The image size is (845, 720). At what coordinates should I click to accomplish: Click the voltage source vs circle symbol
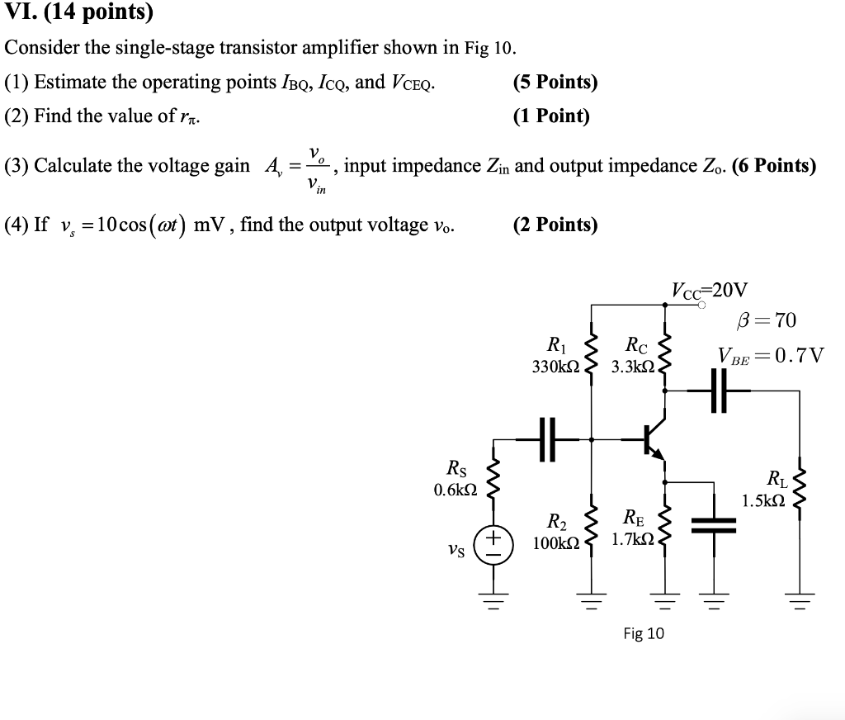pyautogui.click(x=493, y=546)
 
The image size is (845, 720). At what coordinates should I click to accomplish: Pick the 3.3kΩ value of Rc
pyautogui.click(x=631, y=364)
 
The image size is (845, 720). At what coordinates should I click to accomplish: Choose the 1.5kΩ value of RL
pyautogui.click(x=764, y=500)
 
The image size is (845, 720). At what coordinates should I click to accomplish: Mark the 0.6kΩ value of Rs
pyautogui.click(x=455, y=490)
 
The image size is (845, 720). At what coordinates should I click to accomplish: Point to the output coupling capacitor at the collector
pyautogui.click(x=717, y=391)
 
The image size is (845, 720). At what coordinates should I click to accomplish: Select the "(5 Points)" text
pyautogui.click(x=555, y=83)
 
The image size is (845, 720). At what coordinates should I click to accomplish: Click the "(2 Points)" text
pyautogui.click(x=555, y=225)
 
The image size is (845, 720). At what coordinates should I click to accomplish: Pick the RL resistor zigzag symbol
pyautogui.click(x=799, y=486)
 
